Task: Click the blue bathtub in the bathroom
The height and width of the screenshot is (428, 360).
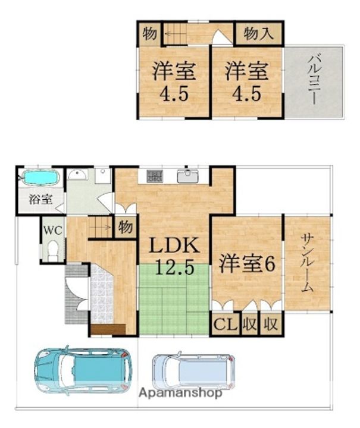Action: pos(40,178)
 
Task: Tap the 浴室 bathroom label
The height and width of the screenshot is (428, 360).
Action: pos(40,199)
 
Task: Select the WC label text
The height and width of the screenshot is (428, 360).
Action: pos(54,231)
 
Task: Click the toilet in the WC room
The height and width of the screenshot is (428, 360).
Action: pos(54,251)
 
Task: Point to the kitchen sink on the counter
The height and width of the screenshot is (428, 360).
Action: pos(187,177)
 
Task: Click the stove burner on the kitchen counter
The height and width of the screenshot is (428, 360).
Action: pos(155,177)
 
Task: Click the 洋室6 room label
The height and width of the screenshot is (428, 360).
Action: pos(247,263)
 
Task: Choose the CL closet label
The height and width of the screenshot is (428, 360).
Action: pos(226,325)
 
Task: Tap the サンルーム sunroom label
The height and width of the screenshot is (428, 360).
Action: pos(307,263)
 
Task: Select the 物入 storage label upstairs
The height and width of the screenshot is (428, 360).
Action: pos(258,34)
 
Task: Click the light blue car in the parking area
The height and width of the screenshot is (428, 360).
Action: pos(193,371)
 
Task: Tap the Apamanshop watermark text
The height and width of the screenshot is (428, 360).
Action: pos(180,393)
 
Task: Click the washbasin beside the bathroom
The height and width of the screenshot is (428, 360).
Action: pos(78,174)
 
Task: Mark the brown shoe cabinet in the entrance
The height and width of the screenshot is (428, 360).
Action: pos(108,329)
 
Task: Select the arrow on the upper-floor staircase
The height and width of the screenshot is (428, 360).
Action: pos(171,34)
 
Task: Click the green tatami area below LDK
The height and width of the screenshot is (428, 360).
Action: pos(174,299)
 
